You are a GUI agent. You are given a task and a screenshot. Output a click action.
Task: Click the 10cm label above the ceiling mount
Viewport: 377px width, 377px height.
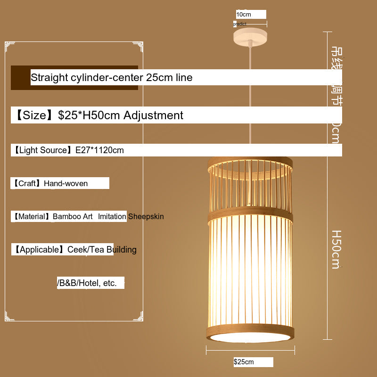coord(244,15)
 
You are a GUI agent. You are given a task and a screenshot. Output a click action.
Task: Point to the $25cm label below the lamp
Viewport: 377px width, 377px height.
coord(244,362)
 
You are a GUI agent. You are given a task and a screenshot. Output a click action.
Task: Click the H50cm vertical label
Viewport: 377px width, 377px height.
coord(336,249)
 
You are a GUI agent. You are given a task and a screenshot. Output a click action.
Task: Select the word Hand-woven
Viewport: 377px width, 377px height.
coord(66,183)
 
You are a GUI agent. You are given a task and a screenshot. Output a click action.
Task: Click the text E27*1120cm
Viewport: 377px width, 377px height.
coord(99,150)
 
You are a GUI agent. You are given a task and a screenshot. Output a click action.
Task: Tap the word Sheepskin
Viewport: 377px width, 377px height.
coord(146,216)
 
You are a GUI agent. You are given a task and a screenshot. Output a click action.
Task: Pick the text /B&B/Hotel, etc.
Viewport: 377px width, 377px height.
coord(87,283)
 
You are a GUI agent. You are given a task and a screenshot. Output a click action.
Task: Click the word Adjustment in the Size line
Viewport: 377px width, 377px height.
coord(153,115)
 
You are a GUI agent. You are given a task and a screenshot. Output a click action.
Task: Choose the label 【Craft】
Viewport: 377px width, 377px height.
coord(27,183)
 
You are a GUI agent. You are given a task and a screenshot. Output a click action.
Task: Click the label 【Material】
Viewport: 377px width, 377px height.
coord(31,216)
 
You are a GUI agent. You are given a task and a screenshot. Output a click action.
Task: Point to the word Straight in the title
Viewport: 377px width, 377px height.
coord(49,77)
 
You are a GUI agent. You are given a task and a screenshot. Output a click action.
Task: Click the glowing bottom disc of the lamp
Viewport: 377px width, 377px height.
coord(250,337)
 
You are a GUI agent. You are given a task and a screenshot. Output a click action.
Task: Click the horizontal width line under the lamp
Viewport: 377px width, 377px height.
coord(250,350)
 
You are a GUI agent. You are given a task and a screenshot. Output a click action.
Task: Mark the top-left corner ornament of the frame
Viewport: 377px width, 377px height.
coord(10,46)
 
